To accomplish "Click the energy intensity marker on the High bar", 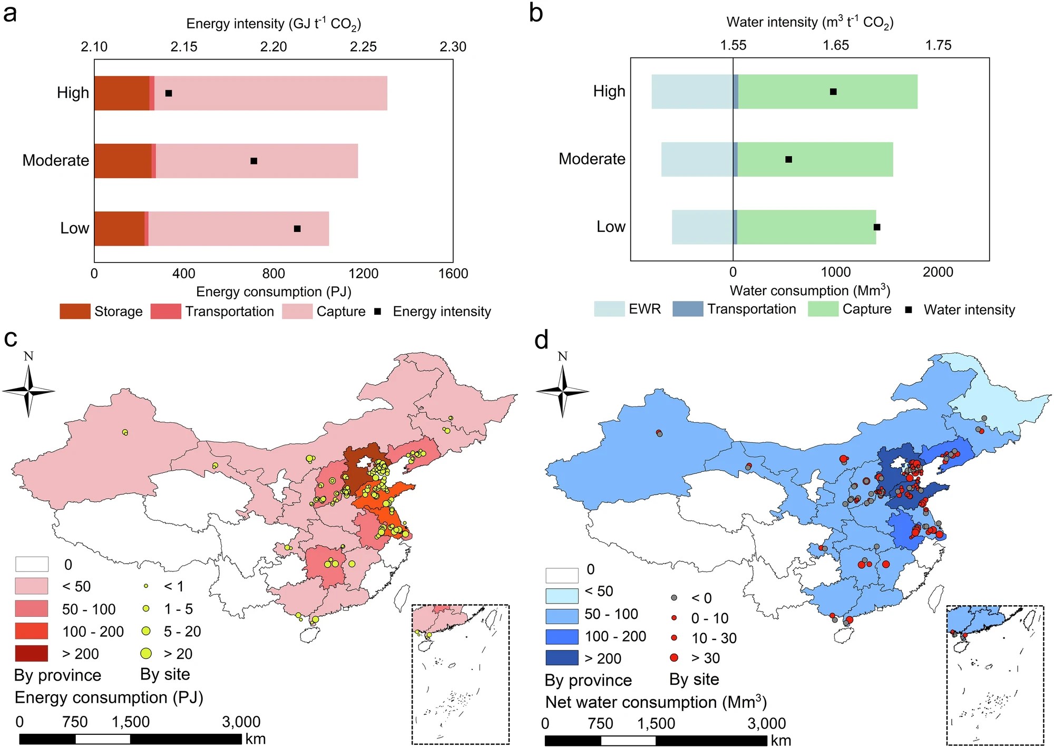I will (x=169, y=93).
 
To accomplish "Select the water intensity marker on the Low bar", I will (x=877, y=227).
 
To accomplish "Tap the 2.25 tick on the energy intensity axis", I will (x=363, y=47).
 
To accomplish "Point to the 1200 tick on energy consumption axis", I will (x=363, y=273).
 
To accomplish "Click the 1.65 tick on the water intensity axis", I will (x=836, y=45).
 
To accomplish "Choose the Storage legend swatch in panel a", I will (x=75, y=312).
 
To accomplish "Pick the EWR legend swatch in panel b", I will (x=609, y=309).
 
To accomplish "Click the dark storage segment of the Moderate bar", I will (x=123, y=161).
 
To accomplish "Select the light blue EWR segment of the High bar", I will (x=692, y=92).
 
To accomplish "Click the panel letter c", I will (x=11, y=338).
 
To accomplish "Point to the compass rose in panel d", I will (x=563, y=391).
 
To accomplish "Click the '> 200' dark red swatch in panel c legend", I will (x=32, y=654).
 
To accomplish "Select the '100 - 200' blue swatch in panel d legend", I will (x=562, y=636).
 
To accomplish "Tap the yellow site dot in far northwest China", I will (x=125, y=432).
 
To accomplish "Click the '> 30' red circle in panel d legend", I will (x=674, y=657).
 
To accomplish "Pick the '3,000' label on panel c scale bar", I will (x=241, y=722).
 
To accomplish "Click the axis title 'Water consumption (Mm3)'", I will (x=809, y=290).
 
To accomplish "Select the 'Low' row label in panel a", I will (x=74, y=228).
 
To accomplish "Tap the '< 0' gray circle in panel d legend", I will (x=674, y=598).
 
